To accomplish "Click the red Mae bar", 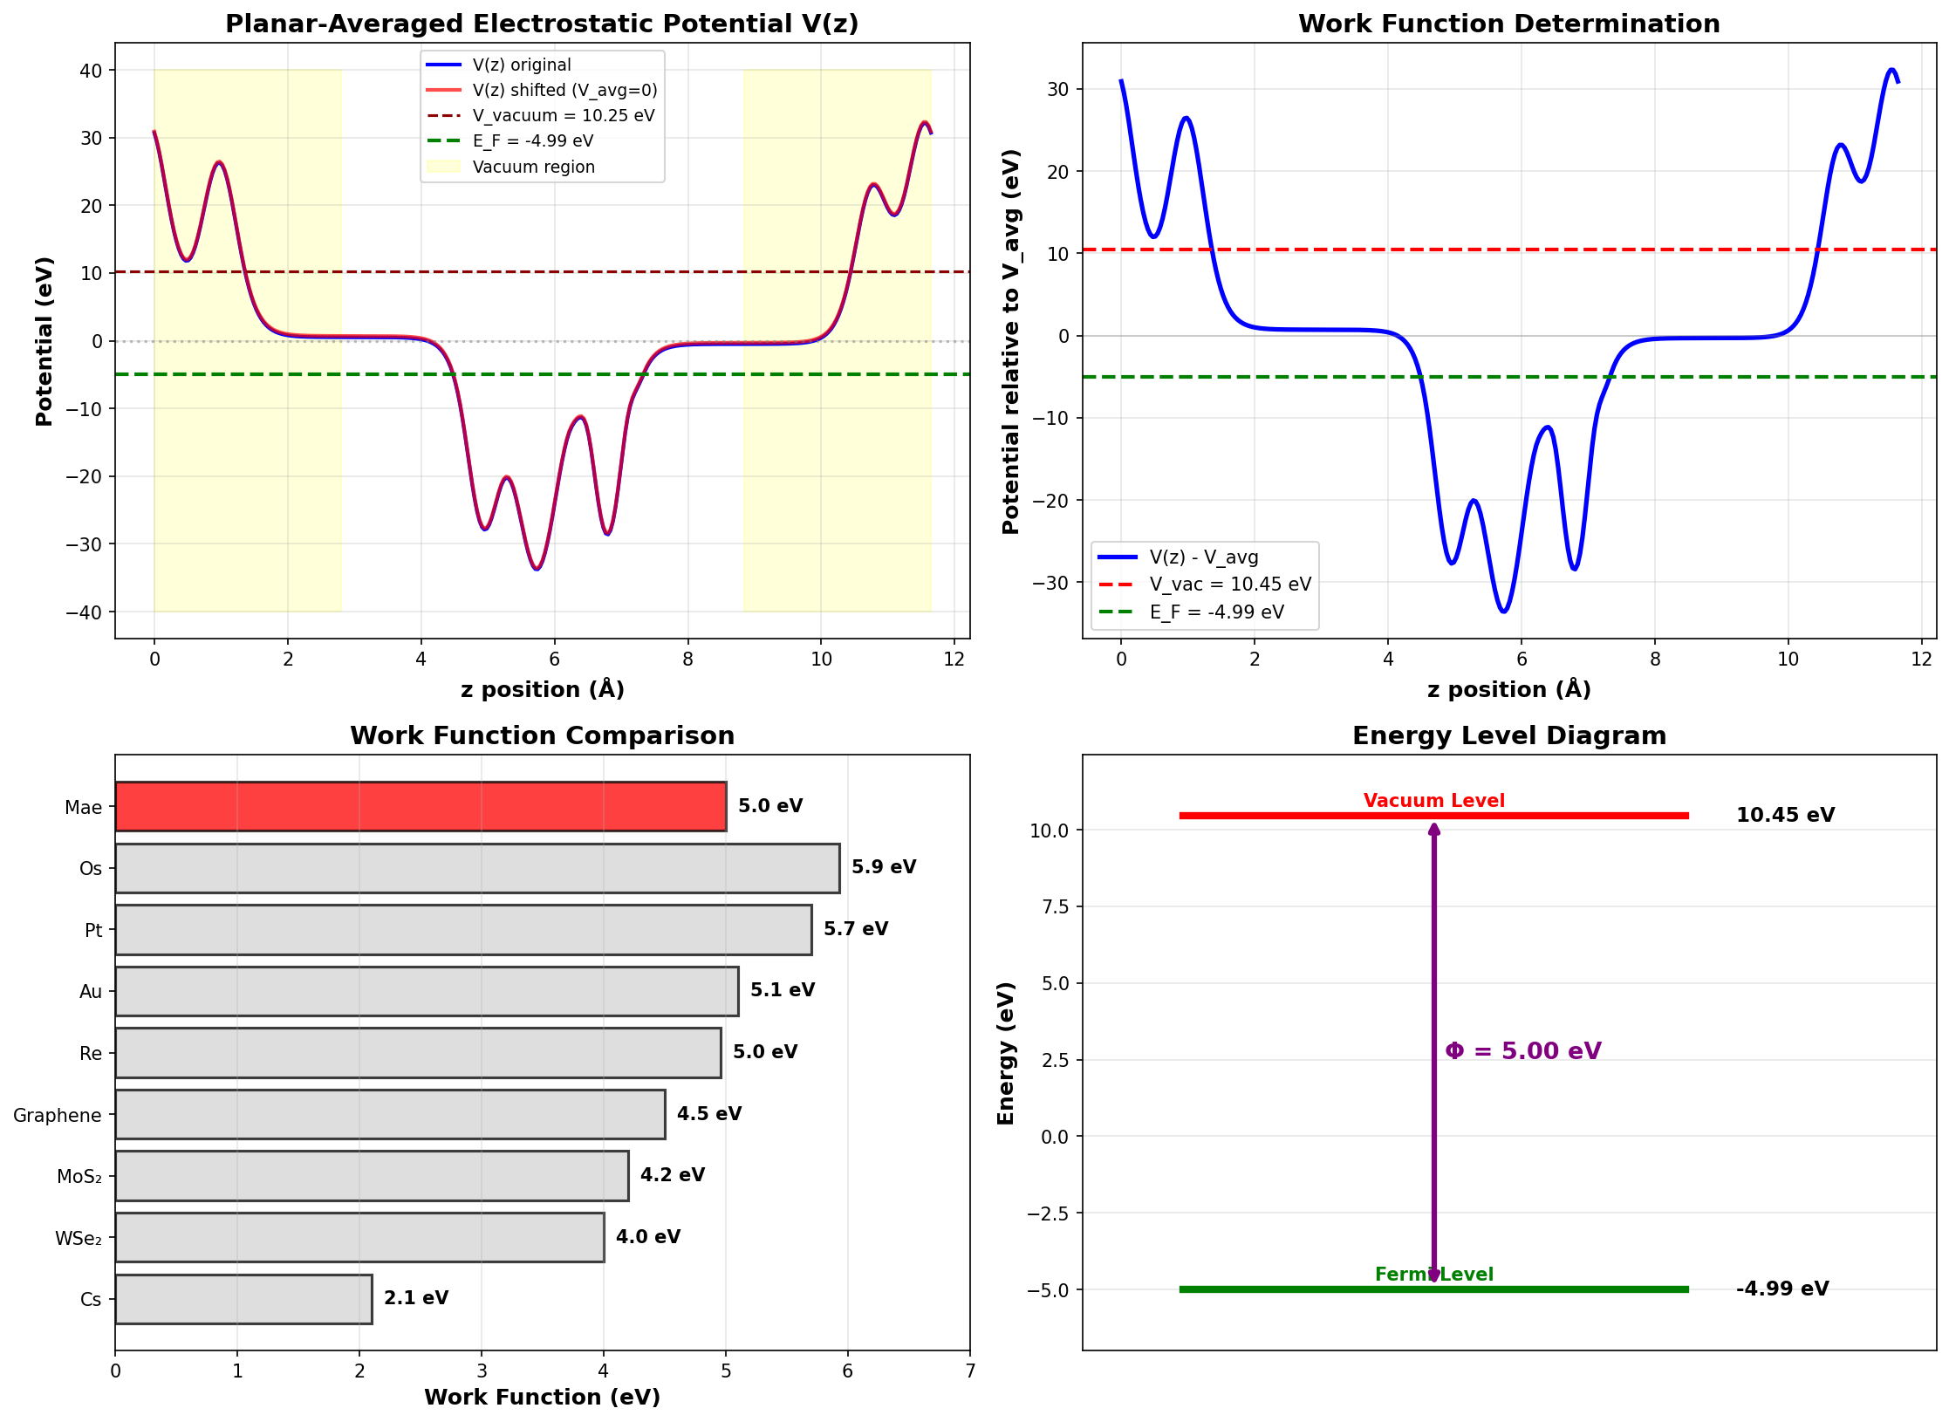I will point(420,806).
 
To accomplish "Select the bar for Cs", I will point(243,1298).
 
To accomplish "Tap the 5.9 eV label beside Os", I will point(883,867).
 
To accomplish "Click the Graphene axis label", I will point(58,1115).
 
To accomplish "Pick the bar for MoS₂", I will point(371,1175).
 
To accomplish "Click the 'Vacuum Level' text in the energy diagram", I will point(1433,800).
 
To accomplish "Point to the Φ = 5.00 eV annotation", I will point(1522,1050).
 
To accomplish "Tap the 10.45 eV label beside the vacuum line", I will point(1784,815).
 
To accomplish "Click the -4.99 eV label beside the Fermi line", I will point(1781,1289).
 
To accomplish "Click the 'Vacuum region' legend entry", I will point(533,167).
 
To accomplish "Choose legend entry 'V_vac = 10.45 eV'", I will point(1229,585).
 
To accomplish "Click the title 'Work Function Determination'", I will point(1508,24).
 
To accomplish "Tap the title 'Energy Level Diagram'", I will point(1508,735).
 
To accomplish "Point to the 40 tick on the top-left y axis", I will point(91,71).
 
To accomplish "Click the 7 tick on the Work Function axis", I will point(969,1371).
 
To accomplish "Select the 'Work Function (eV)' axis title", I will point(542,1397).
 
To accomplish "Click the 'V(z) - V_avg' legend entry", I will point(1203,557).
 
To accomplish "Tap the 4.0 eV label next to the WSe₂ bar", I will point(647,1236).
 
